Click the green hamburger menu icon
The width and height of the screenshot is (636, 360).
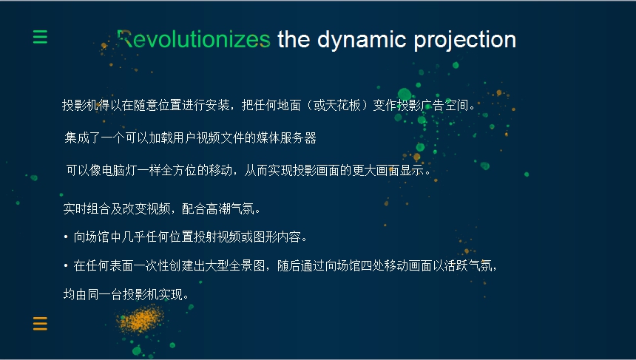[x=40, y=37]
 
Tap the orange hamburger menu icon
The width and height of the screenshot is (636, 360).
[x=40, y=324]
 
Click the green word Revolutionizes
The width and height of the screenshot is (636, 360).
[x=194, y=39]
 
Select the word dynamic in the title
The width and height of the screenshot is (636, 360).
[x=362, y=41]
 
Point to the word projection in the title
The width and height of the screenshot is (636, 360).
[x=465, y=41]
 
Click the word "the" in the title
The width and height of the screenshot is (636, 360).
[x=294, y=39]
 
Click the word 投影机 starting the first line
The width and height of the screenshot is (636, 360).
[x=80, y=106]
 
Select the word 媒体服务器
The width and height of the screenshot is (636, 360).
[x=286, y=137]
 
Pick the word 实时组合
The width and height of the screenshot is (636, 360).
[x=87, y=208]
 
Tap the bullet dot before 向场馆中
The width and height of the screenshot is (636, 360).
[x=66, y=237]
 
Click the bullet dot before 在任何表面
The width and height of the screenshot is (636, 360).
[x=66, y=266]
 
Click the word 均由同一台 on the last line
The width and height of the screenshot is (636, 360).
[x=93, y=294]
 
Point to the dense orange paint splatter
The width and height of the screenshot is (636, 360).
[x=140, y=319]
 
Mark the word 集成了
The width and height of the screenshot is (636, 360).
[x=83, y=137]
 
